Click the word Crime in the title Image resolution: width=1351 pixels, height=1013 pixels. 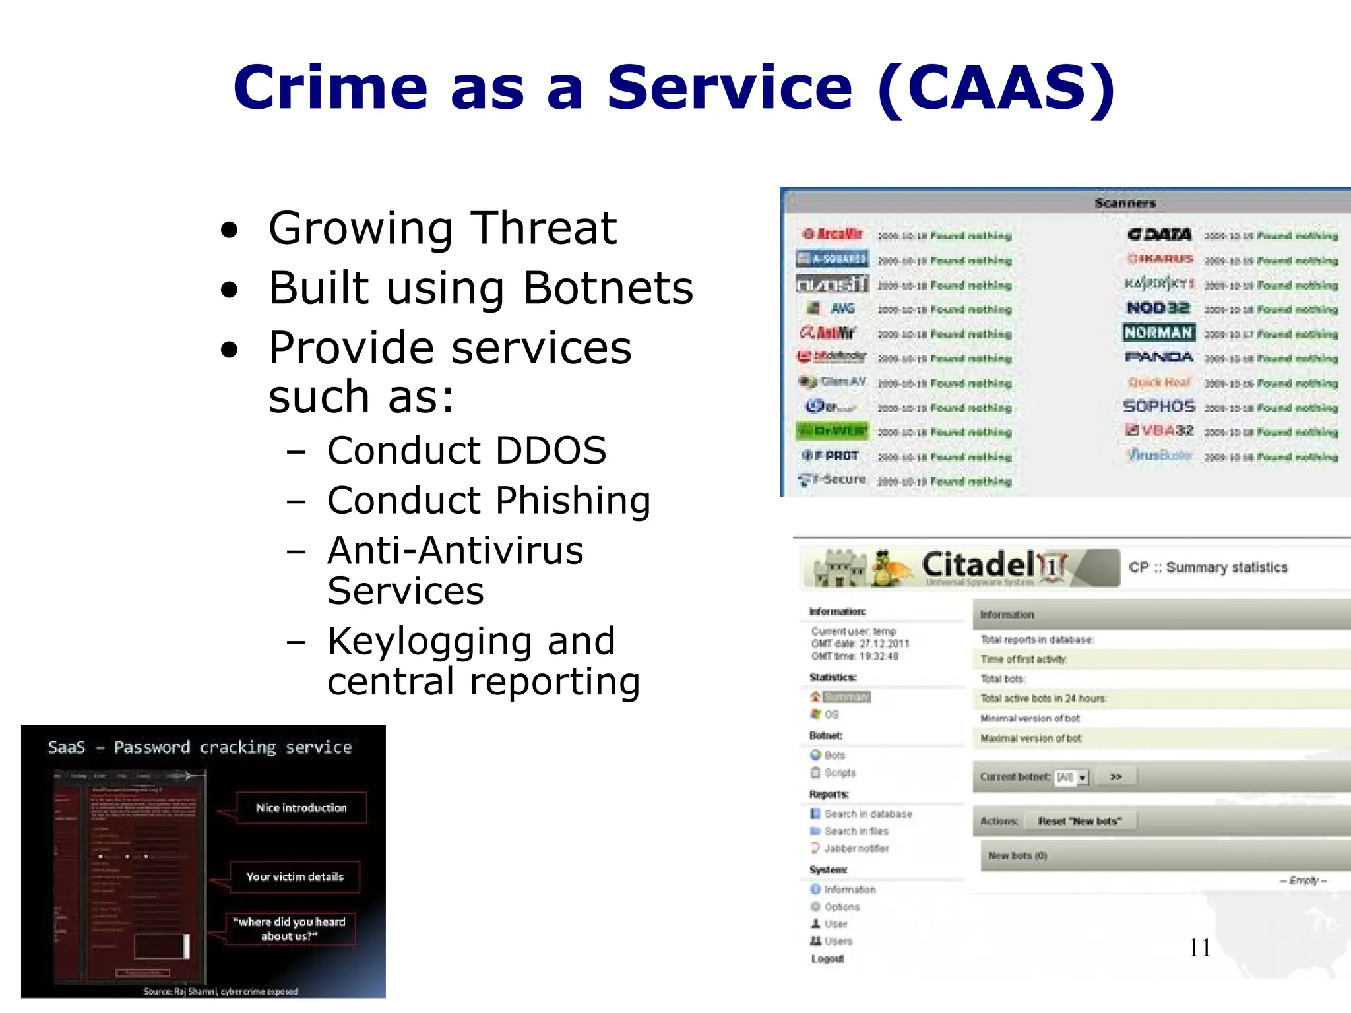(x=330, y=88)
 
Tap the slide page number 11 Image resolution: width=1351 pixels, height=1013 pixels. (x=1199, y=948)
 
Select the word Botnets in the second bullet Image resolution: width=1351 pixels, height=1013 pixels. (x=608, y=288)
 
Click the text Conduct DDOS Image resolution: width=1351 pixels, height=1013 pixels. (x=466, y=450)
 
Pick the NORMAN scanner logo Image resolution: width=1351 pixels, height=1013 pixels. (x=1158, y=332)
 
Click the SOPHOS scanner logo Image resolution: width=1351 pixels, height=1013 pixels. (x=1158, y=406)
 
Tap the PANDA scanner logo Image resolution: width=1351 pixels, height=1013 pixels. (x=1158, y=357)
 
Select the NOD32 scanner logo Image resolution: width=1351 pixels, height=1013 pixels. (x=1158, y=308)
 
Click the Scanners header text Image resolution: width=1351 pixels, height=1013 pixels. (x=1125, y=203)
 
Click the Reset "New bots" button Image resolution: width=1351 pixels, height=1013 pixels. (x=1079, y=821)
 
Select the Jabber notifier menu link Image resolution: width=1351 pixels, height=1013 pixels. (x=856, y=848)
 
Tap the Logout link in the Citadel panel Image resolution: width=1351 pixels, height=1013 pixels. (x=827, y=958)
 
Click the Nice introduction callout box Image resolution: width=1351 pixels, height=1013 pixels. (x=301, y=808)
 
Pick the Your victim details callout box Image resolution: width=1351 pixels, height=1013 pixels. (x=295, y=877)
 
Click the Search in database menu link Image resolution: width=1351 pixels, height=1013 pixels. (x=867, y=814)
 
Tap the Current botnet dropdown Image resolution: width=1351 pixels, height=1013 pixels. (x=1072, y=778)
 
